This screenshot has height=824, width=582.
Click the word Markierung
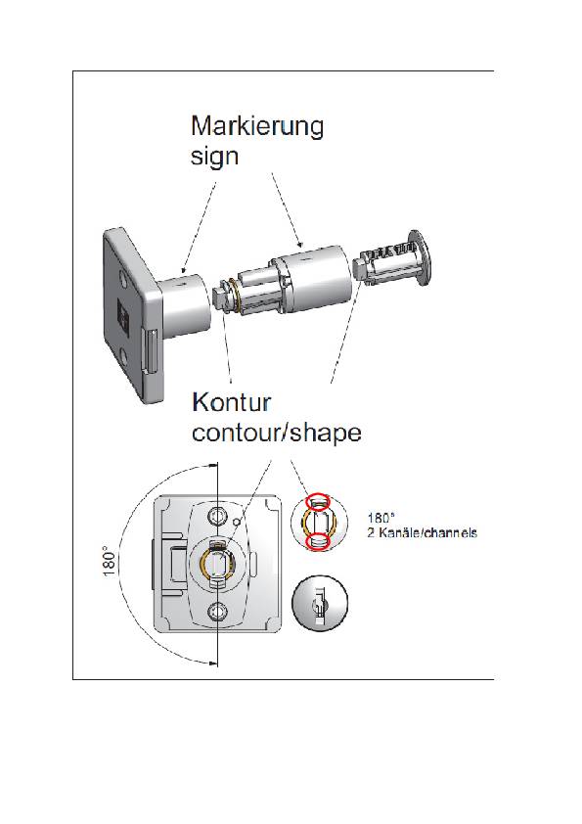[256, 127]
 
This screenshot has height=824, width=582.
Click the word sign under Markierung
[214, 157]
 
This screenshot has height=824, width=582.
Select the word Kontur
[232, 402]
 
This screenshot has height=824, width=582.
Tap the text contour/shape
[277, 432]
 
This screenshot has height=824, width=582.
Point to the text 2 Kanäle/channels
[422, 533]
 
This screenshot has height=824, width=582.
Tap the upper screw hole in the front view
[218, 516]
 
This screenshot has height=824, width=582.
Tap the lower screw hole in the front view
[218, 614]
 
